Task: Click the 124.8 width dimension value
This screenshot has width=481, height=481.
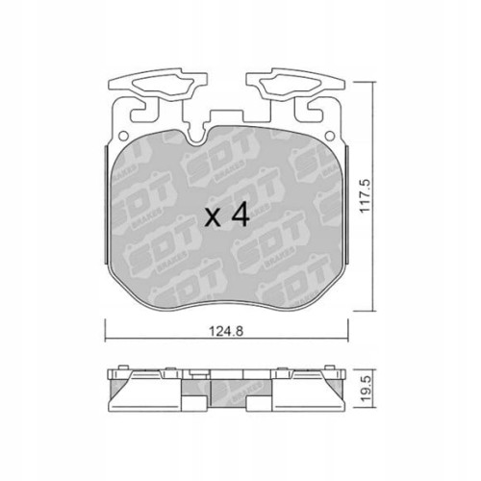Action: (x=226, y=331)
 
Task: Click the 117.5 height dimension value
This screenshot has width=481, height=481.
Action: (x=365, y=195)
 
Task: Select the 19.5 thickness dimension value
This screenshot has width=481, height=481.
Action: (x=365, y=388)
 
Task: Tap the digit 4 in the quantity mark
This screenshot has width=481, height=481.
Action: (x=240, y=215)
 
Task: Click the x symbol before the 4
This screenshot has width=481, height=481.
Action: (x=213, y=218)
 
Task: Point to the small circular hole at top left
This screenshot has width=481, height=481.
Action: (x=123, y=136)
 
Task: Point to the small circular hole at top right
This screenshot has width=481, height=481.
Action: (x=330, y=136)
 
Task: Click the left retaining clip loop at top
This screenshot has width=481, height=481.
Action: (x=157, y=84)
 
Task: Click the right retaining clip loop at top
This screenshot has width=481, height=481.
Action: (x=295, y=84)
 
